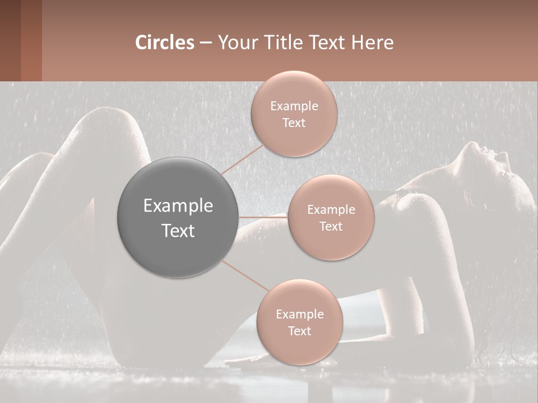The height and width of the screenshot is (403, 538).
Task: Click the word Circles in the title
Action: [164, 43]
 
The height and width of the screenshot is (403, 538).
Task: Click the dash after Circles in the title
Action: [205, 43]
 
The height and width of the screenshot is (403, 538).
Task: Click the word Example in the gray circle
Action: [178, 206]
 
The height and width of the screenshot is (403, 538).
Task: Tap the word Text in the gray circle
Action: [178, 231]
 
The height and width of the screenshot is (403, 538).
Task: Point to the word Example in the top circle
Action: [294, 106]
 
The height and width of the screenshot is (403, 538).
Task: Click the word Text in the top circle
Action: [294, 123]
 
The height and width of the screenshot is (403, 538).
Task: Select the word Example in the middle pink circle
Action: [331, 209]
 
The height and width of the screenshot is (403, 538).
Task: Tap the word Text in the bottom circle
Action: [299, 331]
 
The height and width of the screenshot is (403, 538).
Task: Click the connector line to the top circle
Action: [242, 159]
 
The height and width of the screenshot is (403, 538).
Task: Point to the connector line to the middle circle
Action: [263, 217]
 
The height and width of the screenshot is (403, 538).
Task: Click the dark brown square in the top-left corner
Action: [11, 40]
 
